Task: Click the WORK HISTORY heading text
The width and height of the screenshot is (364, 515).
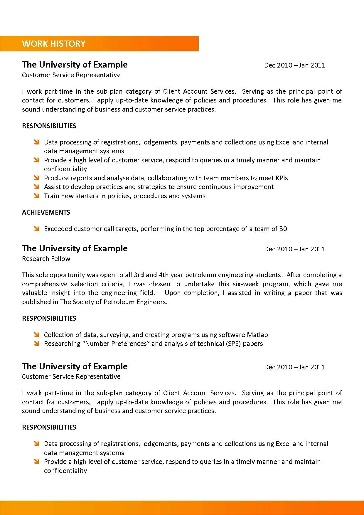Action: coord(54,44)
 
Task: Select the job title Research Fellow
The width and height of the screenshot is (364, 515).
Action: coord(46,259)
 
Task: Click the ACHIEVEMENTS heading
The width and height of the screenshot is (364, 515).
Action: coord(46,212)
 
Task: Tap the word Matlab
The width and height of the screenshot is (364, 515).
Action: coord(257,335)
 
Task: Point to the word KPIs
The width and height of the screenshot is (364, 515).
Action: coord(282,178)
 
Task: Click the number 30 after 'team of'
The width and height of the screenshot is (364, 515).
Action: coord(283,229)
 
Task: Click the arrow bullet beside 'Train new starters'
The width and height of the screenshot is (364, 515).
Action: coord(36,196)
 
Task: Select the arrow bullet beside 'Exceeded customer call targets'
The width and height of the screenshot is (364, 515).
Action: coord(36,229)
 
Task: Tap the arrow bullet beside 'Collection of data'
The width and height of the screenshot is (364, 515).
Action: coord(36,335)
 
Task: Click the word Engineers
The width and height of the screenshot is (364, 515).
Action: coord(153,302)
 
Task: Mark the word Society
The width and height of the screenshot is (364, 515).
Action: coord(83,302)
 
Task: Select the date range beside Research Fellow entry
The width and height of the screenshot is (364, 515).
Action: coord(294,249)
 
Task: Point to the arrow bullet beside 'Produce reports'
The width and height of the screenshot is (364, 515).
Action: coord(36,178)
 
